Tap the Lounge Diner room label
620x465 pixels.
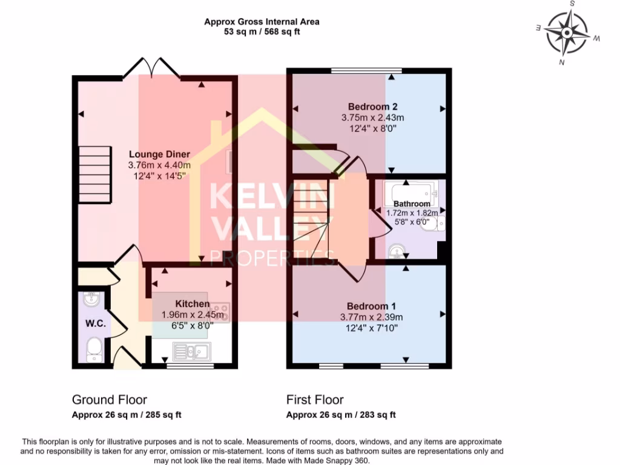click(x=159, y=154)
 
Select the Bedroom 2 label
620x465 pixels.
click(x=368, y=107)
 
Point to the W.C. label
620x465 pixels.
click(x=96, y=324)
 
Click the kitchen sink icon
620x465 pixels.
click(x=191, y=351)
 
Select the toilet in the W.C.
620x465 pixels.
click(x=94, y=349)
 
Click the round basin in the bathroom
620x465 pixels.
click(x=396, y=249)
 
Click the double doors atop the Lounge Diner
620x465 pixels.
click(x=152, y=67)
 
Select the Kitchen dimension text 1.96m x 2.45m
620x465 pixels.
click(x=193, y=315)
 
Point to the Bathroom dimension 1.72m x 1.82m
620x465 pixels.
click(x=412, y=213)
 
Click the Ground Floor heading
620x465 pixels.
click(x=110, y=400)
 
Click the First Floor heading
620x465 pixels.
click(x=315, y=400)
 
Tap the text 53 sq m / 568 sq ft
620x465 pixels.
click(x=262, y=31)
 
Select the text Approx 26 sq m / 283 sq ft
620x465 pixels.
click(x=341, y=415)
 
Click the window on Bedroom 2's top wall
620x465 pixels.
click(x=366, y=71)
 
